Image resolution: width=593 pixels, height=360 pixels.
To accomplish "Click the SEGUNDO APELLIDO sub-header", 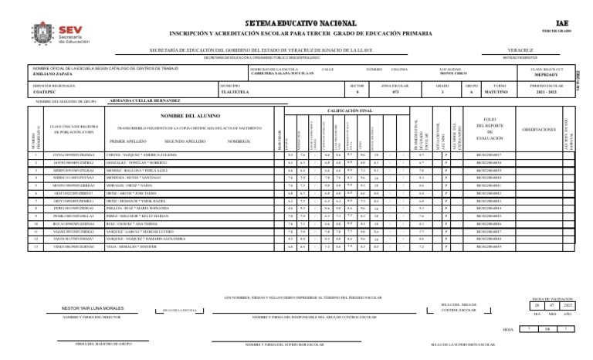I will tap(185, 142).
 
